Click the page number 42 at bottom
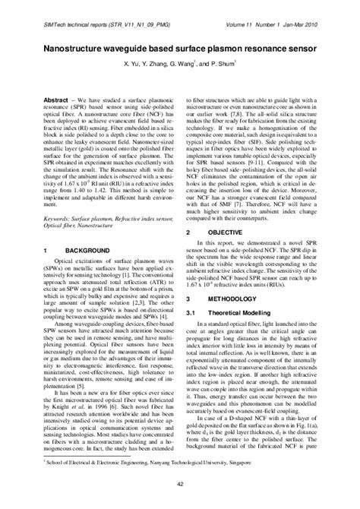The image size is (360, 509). tap(179, 495)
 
